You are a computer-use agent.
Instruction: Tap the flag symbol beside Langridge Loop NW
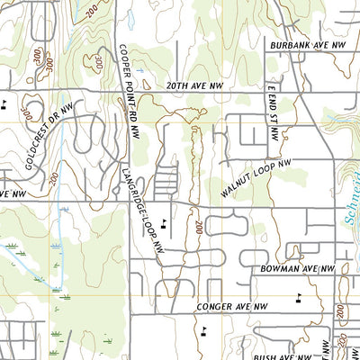[x=163, y=221]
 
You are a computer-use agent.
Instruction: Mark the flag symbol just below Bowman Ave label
[x=299, y=296]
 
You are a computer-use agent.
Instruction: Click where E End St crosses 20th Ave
[x=266, y=92]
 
